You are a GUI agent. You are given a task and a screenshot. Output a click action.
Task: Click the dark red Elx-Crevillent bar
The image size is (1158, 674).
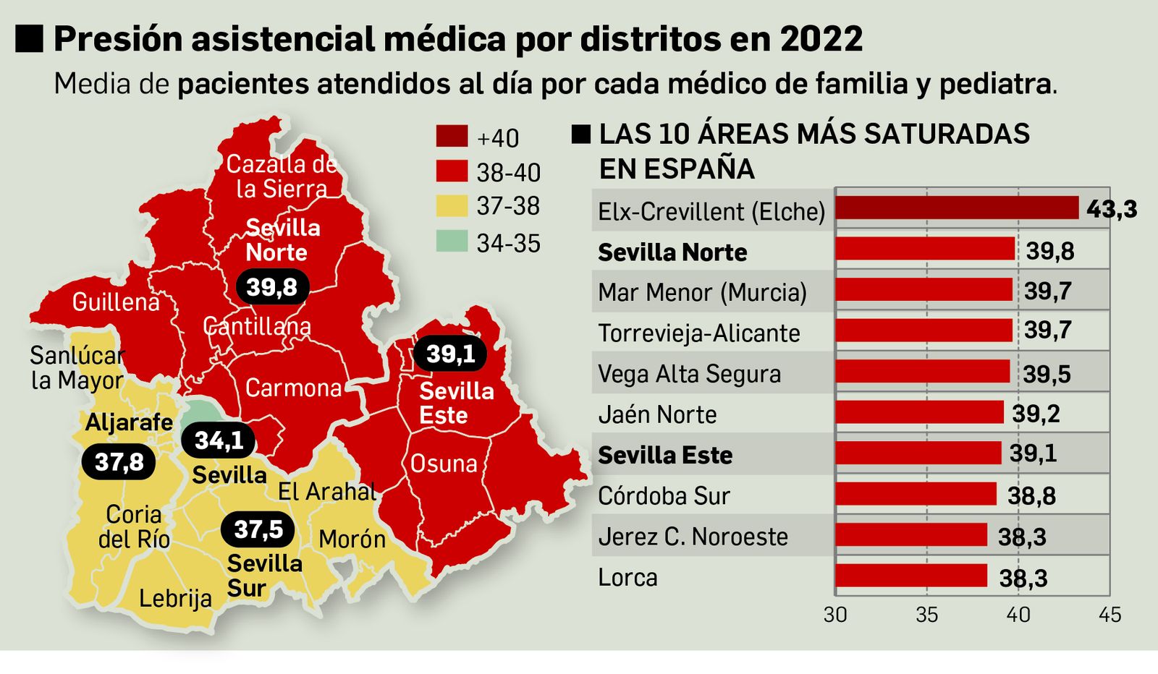point(956,208)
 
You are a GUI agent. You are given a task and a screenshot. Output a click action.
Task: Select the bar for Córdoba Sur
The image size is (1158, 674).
point(916,494)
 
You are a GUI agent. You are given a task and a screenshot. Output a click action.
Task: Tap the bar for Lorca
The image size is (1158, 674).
point(910,576)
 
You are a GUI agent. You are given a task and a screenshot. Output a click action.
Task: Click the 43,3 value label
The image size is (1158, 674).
point(1111,210)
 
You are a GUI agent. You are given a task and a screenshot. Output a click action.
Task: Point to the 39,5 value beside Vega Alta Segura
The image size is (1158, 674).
point(1046,374)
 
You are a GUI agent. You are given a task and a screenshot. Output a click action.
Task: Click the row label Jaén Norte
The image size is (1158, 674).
point(657,414)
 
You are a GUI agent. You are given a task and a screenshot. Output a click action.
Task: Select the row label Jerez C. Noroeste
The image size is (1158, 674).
point(693,537)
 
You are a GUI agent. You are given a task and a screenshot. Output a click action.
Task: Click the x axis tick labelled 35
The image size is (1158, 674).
point(926,615)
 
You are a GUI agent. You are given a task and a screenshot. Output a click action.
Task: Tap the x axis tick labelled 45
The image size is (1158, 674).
point(1109,615)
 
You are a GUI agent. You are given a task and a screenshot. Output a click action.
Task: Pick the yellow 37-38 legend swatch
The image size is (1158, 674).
point(452,206)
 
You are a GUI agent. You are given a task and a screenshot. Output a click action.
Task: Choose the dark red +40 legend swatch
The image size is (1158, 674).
point(452,136)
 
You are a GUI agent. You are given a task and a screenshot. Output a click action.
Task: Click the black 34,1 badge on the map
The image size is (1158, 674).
point(218,440)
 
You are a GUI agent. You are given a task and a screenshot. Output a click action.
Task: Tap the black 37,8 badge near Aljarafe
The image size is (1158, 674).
point(119,462)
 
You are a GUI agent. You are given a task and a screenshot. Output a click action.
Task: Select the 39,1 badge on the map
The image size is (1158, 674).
point(449,354)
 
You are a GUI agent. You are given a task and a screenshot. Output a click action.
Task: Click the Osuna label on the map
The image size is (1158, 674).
point(444,464)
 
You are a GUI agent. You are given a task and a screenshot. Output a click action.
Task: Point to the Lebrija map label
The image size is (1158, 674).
point(175,598)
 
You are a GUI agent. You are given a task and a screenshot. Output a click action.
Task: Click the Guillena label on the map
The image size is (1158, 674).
point(116,302)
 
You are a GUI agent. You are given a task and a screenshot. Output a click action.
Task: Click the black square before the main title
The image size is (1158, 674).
point(30,38)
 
